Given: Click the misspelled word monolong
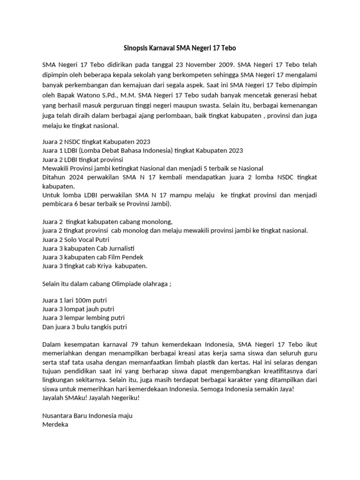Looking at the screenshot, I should click(159, 222).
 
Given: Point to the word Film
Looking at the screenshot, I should click(113, 257).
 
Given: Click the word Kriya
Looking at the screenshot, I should click(106, 266).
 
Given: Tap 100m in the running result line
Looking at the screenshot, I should click(82, 300).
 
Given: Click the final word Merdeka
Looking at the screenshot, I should click(55, 425).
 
